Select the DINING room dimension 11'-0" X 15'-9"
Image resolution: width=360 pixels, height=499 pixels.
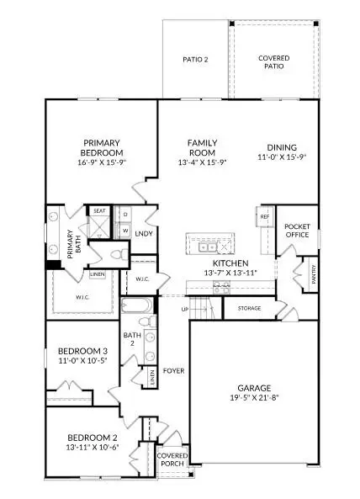tap(282, 157)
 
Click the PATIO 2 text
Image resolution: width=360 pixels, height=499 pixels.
tap(195, 59)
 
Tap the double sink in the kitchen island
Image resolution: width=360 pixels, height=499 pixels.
tap(207, 246)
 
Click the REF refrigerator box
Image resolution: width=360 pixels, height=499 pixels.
tap(264, 217)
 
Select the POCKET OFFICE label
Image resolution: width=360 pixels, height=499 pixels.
tap(298, 232)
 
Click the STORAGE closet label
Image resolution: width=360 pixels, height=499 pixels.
tap(249, 308)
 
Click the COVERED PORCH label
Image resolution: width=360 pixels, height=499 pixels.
tap(172, 461)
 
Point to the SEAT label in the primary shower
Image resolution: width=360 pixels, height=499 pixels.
tap(99, 211)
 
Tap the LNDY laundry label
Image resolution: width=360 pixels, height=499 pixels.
tap(144, 233)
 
